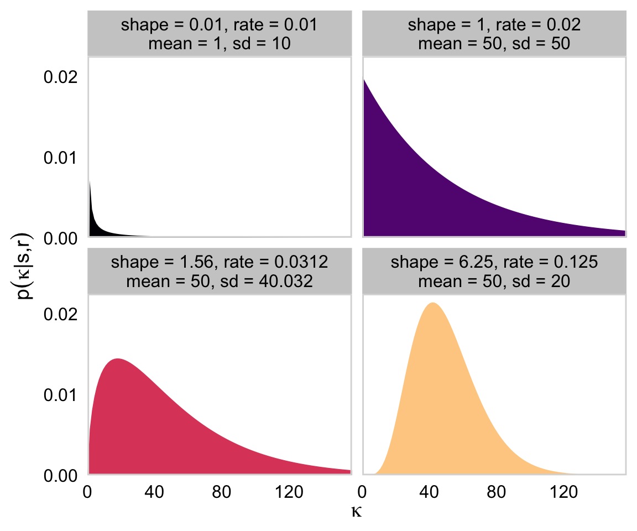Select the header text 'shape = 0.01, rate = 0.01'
pyautogui.click(x=219, y=25)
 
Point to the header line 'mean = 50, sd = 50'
pyautogui.click(x=494, y=43)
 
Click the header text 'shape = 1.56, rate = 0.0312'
pyautogui.click(x=219, y=263)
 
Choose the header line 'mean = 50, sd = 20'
pyautogui.click(x=494, y=281)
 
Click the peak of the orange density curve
pyautogui.click(x=432, y=303)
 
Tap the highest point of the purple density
pyautogui.click(x=364, y=80)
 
